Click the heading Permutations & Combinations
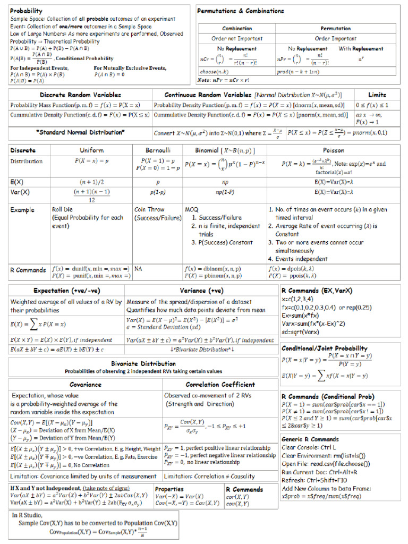point(240,11)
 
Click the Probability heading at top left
point(27,11)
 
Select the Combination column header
point(237,28)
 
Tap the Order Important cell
point(335,38)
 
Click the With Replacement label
point(361,48)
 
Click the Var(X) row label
point(20,191)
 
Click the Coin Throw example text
point(149,209)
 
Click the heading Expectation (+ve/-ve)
point(66,291)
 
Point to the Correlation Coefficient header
point(220,384)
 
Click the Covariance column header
point(86,384)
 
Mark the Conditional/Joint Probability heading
point(324,348)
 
